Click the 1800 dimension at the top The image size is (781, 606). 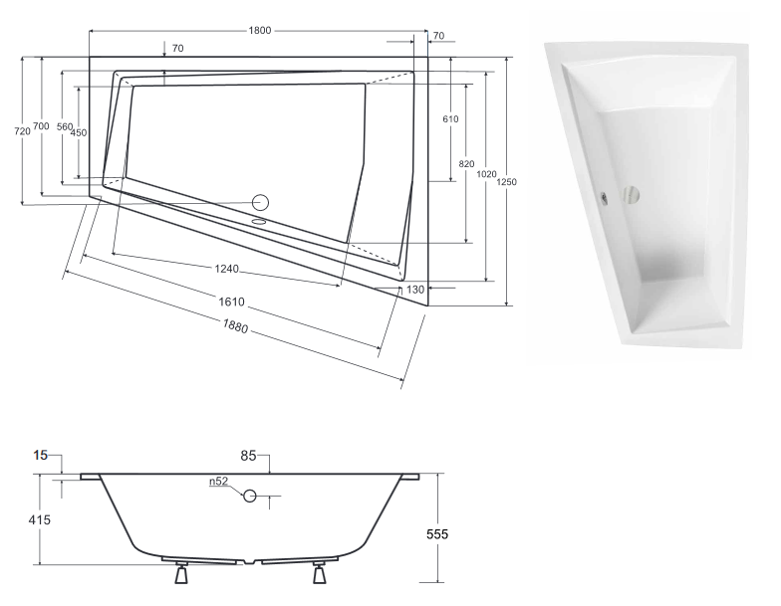tap(260, 31)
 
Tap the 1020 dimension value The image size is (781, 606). tap(486, 174)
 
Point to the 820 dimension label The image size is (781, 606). tap(466, 163)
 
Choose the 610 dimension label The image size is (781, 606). tap(450, 119)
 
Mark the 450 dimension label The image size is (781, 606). tap(79, 133)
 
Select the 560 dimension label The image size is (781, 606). tap(64, 127)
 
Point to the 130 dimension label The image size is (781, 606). tap(414, 290)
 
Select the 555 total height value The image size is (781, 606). tap(437, 534)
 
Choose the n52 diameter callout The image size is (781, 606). tap(218, 482)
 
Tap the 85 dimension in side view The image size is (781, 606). tap(249, 457)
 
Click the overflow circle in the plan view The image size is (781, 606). tap(261, 201)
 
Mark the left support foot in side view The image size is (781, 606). tap(181, 574)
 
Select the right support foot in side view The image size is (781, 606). tap(320, 574)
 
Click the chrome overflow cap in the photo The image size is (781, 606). tap(604, 195)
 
